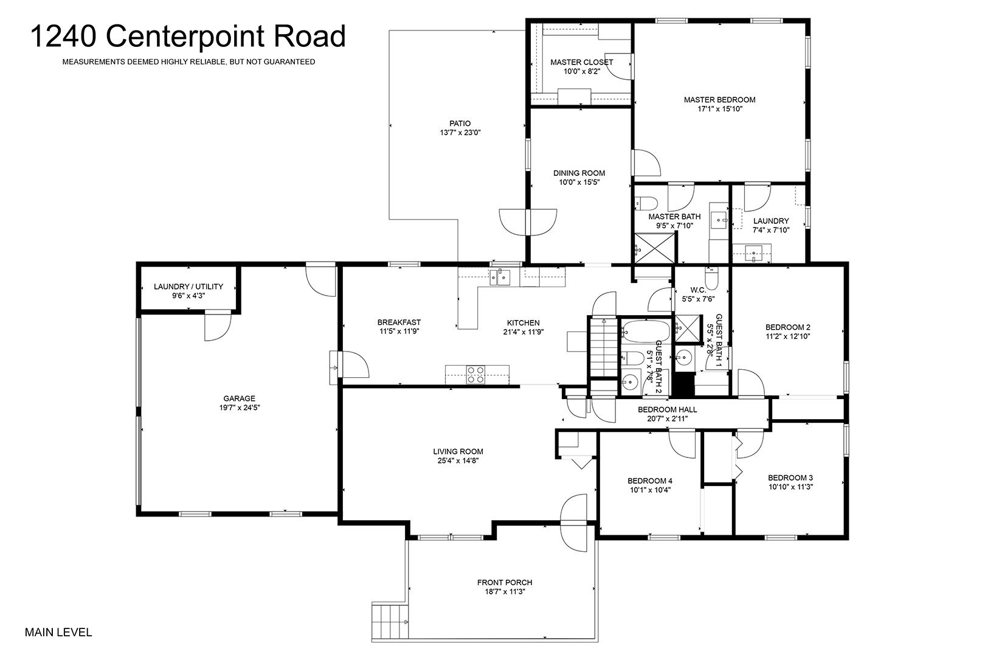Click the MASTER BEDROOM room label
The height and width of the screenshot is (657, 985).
[719, 100]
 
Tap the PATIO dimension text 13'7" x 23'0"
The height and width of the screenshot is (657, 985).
[460, 133]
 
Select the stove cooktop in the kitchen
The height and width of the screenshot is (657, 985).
[475, 375]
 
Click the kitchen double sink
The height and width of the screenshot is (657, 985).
[500, 277]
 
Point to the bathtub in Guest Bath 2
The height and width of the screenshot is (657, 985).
[646, 332]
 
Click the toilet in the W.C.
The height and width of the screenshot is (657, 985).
[711, 277]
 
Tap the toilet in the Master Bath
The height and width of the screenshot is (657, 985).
[646, 203]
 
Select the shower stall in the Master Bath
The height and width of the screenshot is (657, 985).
[654, 248]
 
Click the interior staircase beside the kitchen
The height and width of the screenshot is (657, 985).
[604, 347]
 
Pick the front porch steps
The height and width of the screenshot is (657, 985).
[387, 621]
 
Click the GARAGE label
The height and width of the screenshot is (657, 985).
[239, 398]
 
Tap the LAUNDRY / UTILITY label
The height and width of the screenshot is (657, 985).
[188, 287]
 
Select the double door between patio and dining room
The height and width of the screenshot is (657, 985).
[528, 222]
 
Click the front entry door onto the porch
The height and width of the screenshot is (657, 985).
[574, 523]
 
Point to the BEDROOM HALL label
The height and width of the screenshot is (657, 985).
[668, 409]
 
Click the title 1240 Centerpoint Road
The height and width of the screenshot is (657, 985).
[188, 36]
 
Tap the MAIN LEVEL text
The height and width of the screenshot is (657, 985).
[58, 632]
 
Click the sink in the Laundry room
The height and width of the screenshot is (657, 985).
[754, 254]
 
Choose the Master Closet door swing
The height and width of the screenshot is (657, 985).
[620, 67]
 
